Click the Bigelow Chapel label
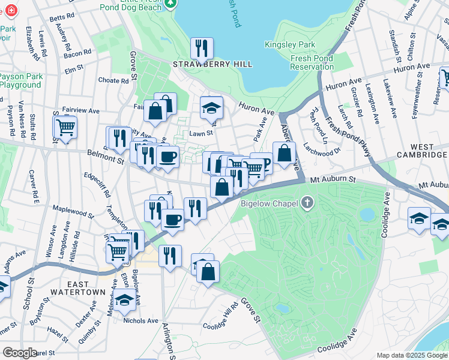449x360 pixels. [270, 204]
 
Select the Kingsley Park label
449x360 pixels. [290, 45]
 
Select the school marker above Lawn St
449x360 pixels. [211, 107]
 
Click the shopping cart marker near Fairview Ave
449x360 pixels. [65, 127]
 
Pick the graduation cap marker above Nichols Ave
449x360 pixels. [125, 299]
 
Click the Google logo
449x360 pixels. [20, 353]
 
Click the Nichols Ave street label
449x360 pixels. [140, 320]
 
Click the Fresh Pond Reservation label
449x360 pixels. [312, 62]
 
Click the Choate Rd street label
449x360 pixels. [113, 80]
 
